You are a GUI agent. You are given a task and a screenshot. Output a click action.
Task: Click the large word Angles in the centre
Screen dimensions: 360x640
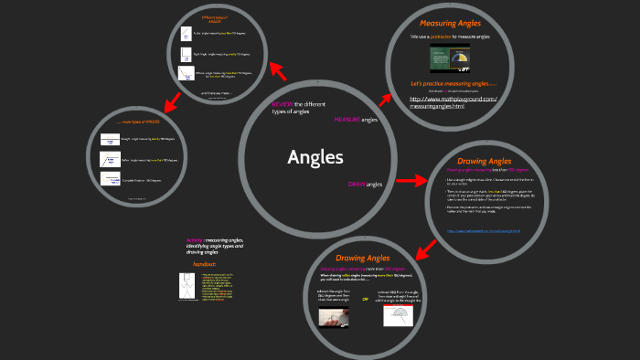315,157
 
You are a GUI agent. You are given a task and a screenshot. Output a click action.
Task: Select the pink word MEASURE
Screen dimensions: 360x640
347,120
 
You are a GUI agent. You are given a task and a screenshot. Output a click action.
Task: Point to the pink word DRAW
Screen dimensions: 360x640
357,185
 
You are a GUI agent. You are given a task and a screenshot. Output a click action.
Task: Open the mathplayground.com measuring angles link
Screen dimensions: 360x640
452,102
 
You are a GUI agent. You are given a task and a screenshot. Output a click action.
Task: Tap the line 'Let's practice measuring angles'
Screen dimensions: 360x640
453,83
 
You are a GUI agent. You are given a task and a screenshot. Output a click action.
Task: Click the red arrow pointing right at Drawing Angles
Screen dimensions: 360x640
411,180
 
